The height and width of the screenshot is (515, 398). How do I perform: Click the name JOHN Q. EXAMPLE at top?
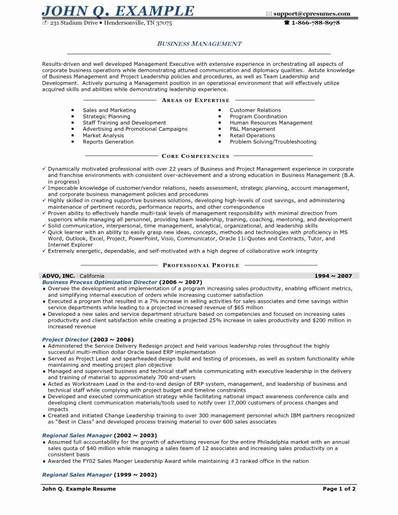[x=118, y=11]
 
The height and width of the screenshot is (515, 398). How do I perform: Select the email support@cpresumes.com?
[x=312, y=14]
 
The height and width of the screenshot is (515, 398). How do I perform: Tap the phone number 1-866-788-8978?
[x=315, y=23]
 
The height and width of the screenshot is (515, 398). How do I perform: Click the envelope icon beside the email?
[x=269, y=14]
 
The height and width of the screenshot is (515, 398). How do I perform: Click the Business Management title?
[x=199, y=44]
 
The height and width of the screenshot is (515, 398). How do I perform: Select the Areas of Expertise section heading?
[x=195, y=100]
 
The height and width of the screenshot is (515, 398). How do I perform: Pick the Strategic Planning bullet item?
[x=106, y=117]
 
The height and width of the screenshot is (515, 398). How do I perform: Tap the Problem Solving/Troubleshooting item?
[x=273, y=142]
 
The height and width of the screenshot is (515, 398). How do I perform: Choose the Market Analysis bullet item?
[x=103, y=135]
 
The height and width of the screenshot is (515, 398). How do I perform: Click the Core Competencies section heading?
[x=195, y=156]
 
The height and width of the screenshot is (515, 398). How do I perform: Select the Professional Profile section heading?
[x=201, y=265]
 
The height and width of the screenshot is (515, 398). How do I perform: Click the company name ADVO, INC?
[x=58, y=276]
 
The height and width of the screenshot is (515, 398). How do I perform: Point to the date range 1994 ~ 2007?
[x=333, y=276]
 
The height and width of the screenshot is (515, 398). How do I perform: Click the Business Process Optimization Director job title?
[x=100, y=283]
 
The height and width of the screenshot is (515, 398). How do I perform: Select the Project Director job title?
[x=65, y=339]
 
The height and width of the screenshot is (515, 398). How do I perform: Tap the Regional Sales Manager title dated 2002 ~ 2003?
[x=77, y=435]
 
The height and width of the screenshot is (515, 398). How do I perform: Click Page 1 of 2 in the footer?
[x=339, y=489]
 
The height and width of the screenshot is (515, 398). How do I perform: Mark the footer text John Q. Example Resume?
[x=79, y=489]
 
